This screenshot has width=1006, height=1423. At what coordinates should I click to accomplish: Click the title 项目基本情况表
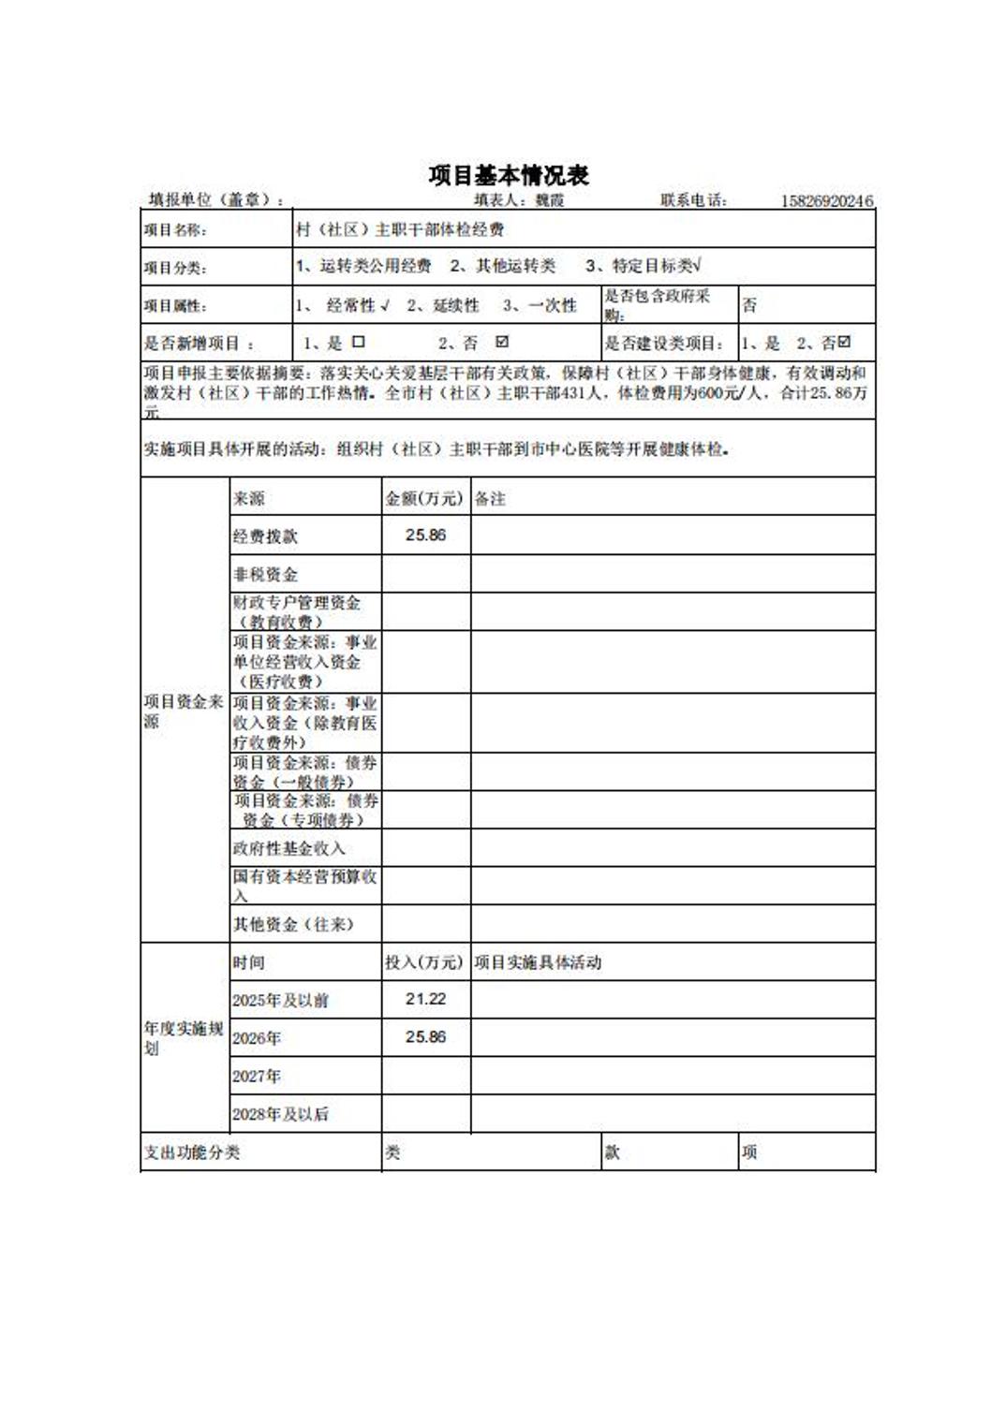click(x=509, y=175)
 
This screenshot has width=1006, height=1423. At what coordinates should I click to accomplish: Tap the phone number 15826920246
click(x=826, y=200)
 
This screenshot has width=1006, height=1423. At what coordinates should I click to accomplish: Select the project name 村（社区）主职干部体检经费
click(x=400, y=229)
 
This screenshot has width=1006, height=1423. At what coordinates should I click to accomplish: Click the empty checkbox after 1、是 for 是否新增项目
click(x=359, y=343)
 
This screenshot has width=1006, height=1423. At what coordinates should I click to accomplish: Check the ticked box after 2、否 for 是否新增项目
click(x=502, y=343)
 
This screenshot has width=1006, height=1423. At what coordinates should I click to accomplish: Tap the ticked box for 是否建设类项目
click(x=845, y=343)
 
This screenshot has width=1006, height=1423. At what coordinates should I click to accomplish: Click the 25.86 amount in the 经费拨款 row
click(x=425, y=535)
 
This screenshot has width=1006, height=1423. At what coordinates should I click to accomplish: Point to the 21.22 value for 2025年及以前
click(x=425, y=1000)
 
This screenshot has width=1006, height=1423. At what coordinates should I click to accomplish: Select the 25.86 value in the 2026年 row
click(x=425, y=1037)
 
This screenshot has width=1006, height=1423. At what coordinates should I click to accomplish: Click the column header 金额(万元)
click(x=424, y=498)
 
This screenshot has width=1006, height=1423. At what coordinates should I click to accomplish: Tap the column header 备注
click(x=490, y=499)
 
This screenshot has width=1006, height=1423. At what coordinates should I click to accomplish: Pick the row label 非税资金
click(x=265, y=574)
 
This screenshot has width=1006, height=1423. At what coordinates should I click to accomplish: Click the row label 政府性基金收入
click(x=289, y=848)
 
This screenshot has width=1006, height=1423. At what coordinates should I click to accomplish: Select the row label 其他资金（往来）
click(x=293, y=925)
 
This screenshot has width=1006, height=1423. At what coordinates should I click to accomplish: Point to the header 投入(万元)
click(x=424, y=962)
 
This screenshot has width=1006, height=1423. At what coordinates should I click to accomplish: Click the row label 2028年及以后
click(x=280, y=1114)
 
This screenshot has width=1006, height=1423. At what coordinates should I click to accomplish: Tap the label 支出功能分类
click(x=192, y=1152)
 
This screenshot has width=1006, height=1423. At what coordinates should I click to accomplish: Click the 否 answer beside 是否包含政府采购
click(x=749, y=305)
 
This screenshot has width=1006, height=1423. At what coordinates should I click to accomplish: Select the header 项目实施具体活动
click(x=538, y=962)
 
